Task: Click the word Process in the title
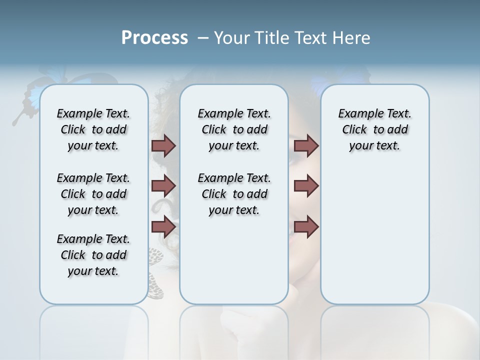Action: (154, 38)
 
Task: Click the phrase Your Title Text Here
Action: (292, 38)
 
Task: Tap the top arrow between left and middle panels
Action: (163, 145)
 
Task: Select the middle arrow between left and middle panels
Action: (163, 186)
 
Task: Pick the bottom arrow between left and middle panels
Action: (163, 226)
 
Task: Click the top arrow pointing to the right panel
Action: (306, 145)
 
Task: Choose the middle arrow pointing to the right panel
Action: (306, 186)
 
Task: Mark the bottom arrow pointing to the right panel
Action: (306, 226)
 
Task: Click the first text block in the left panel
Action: (93, 129)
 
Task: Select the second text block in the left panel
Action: (93, 194)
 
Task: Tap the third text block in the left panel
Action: (93, 255)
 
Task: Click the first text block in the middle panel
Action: (234, 129)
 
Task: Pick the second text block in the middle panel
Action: (234, 194)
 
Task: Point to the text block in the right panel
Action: (374, 129)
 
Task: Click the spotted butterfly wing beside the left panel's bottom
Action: (156, 272)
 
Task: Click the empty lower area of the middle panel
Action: (234, 260)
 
